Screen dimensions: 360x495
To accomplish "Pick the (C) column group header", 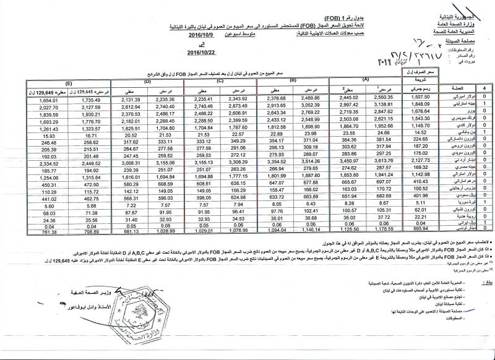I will click(x=220, y=81).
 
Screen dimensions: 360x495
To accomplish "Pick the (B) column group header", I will click(x=293, y=80).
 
